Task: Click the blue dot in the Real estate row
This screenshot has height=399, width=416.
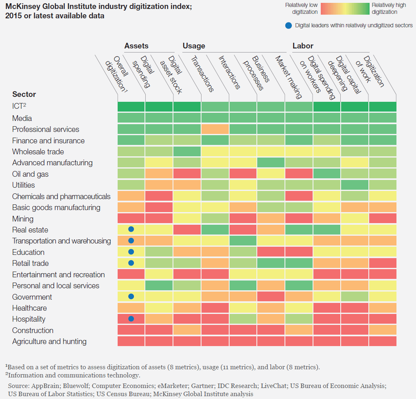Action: [x=131, y=229]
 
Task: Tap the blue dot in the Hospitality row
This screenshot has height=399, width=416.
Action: [x=131, y=319]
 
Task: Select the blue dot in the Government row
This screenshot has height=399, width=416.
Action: [x=131, y=296]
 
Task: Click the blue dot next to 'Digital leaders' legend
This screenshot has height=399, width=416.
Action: [x=288, y=26]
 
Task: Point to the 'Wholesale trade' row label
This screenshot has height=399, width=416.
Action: [x=38, y=152]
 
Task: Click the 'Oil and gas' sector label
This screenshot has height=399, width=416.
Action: [x=30, y=174]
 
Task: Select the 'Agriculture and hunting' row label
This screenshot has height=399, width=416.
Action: [x=49, y=342]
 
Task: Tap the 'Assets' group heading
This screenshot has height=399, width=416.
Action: [x=136, y=46]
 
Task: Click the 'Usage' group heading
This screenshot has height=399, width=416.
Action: [x=194, y=46]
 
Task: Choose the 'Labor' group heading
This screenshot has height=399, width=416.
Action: [x=303, y=46]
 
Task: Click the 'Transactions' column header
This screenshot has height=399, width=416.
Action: [x=202, y=74]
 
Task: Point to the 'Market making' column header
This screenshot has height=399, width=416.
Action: [x=289, y=77]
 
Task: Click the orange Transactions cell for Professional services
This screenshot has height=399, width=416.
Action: [x=215, y=129]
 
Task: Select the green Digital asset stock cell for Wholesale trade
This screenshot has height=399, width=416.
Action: [x=187, y=151]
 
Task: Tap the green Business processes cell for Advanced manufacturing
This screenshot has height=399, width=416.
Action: [x=271, y=162]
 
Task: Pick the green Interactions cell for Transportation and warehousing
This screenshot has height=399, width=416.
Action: [x=243, y=241]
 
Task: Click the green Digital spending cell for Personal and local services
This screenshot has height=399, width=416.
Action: [x=159, y=285]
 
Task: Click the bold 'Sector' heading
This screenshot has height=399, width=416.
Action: [x=24, y=94]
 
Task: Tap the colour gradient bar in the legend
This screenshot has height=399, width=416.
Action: [x=345, y=9]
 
